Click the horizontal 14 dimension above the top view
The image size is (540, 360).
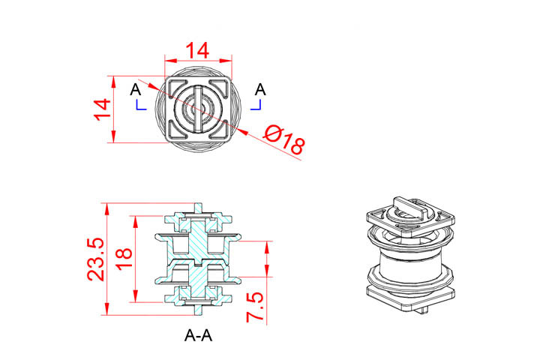click(198, 50)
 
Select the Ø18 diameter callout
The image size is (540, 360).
click(285, 140)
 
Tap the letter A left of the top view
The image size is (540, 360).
click(135, 90)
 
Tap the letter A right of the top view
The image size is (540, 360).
click(260, 90)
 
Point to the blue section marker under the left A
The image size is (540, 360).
click(139, 106)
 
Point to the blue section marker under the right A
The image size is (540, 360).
click(256, 106)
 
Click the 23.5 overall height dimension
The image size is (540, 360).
click(96, 259)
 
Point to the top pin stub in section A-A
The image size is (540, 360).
click(198, 207)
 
